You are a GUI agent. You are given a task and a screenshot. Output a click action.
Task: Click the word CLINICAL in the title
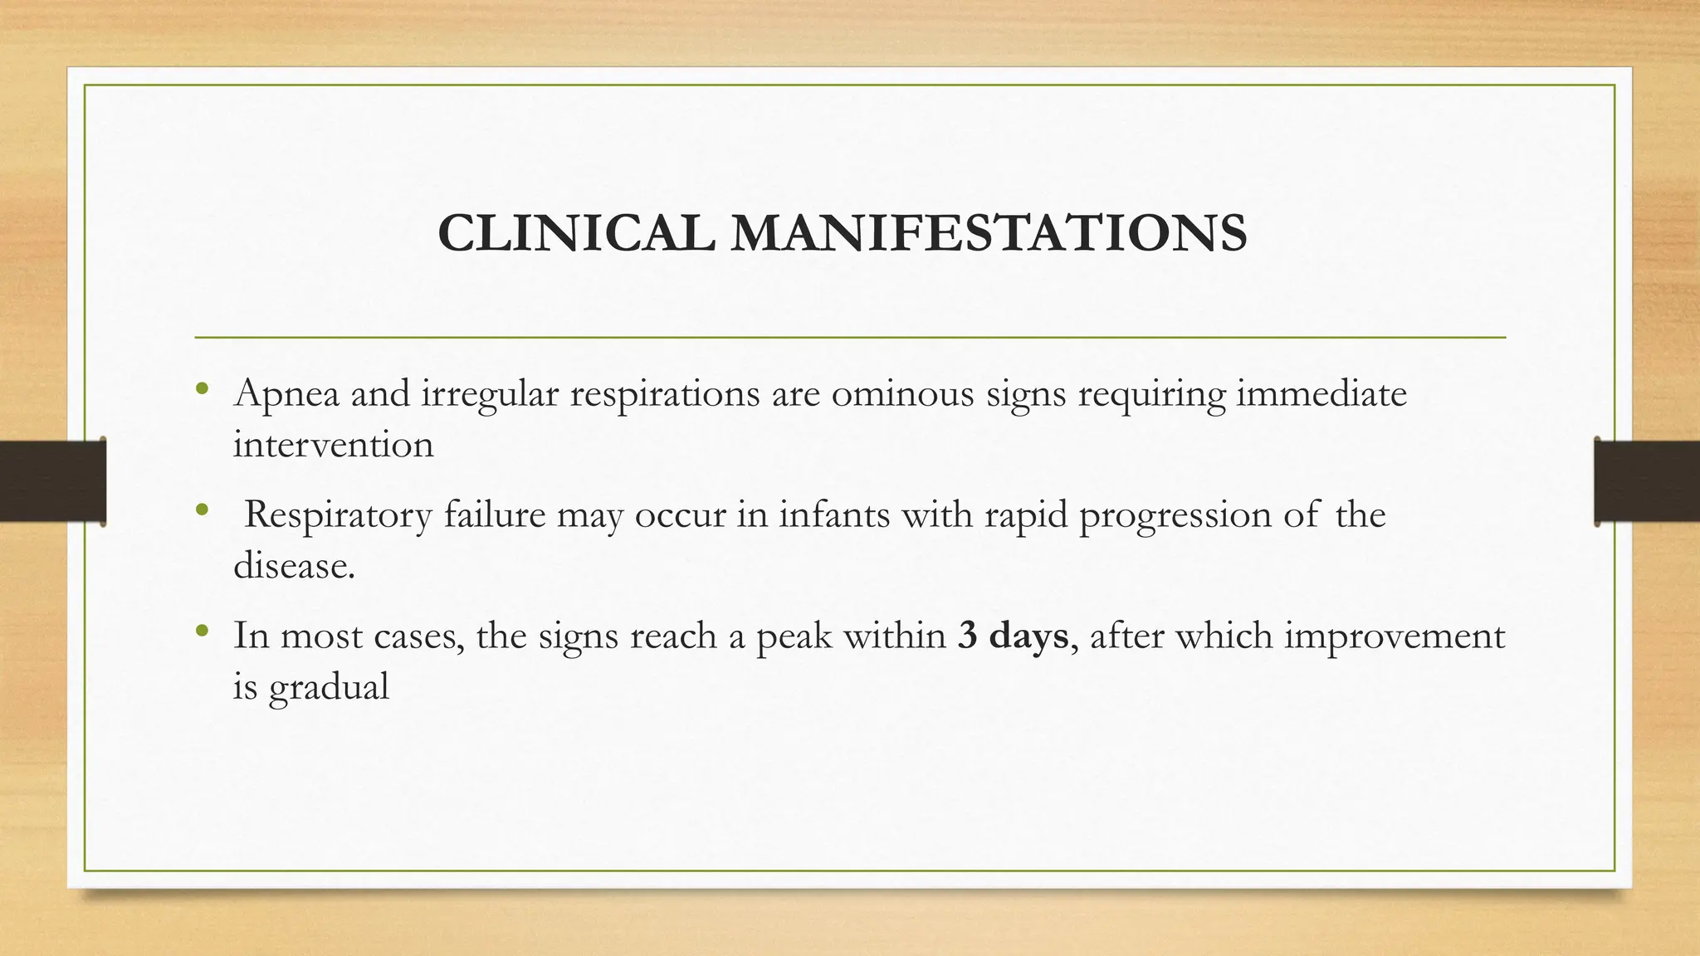(575, 233)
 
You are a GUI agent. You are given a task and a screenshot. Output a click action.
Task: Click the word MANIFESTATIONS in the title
(989, 233)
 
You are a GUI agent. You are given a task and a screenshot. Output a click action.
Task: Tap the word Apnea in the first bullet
(286, 393)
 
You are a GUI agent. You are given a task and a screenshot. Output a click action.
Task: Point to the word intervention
(333, 445)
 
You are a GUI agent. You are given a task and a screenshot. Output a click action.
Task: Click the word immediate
(1321, 393)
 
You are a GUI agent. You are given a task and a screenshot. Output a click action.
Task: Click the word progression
(1175, 516)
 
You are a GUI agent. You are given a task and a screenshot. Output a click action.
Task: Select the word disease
(293, 566)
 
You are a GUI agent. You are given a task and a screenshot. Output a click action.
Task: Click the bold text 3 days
(1012, 636)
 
